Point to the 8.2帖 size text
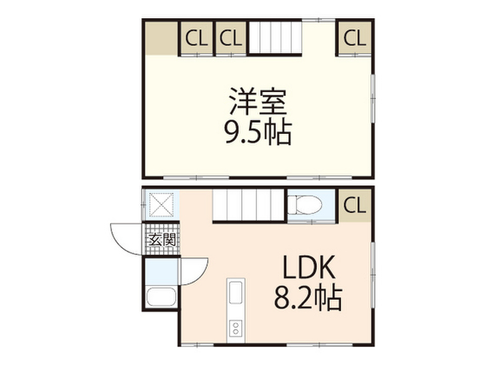point(308,298)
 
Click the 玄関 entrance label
point(162,240)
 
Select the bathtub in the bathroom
point(161,297)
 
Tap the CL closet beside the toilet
point(355,205)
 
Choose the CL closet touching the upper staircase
point(231,38)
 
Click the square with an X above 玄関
point(161,205)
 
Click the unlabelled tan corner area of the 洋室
point(161,38)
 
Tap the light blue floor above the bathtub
point(161,271)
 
